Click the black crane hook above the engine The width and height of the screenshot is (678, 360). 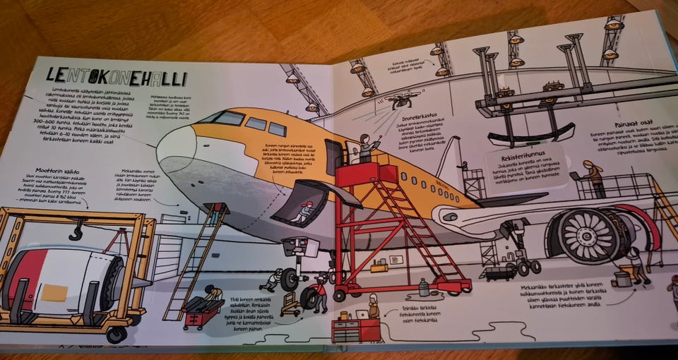coord(77,229)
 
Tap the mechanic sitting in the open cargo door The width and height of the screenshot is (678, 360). coord(305,211)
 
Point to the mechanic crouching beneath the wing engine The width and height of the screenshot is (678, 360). coord(638,265)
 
